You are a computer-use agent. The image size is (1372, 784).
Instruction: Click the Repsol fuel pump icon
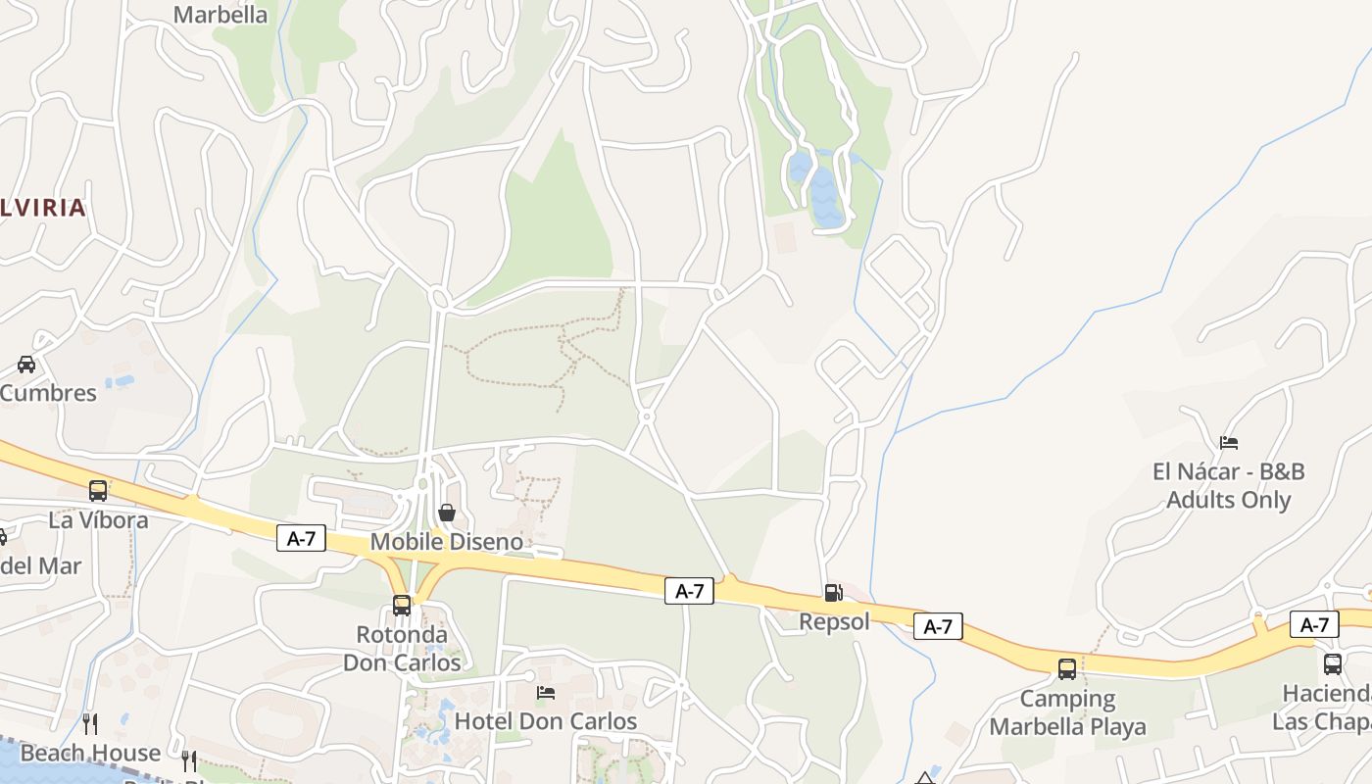[832, 592]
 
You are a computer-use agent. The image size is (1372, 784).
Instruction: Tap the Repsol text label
[834, 621]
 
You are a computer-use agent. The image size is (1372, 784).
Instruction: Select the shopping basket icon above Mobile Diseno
[447, 512]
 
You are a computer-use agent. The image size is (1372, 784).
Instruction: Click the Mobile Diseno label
[447, 542]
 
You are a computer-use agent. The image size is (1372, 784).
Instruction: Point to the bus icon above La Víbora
[98, 491]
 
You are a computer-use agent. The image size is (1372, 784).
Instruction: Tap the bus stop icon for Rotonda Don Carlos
[402, 606]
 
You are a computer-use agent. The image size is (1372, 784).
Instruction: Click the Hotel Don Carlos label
[546, 721]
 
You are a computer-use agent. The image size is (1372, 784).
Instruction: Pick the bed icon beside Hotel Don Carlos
[547, 693]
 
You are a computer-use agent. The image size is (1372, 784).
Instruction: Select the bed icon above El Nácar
[1229, 443]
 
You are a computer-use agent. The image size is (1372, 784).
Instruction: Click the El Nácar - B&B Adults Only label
[1229, 485]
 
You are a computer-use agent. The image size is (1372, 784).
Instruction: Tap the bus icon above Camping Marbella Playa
[1067, 669]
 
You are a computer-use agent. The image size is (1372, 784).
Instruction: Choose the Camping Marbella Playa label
[1067, 712]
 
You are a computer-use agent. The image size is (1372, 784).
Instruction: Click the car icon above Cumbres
[26, 365]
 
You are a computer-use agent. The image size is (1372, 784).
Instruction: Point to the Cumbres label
[48, 393]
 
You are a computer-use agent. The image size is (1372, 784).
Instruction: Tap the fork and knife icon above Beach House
[90, 724]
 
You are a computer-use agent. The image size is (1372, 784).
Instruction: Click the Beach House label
[90, 753]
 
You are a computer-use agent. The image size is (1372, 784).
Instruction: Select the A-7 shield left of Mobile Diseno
[301, 538]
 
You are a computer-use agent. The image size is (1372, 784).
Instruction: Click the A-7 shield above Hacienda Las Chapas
[1314, 624]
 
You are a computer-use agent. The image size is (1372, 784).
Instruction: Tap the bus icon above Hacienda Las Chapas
[1333, 664]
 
